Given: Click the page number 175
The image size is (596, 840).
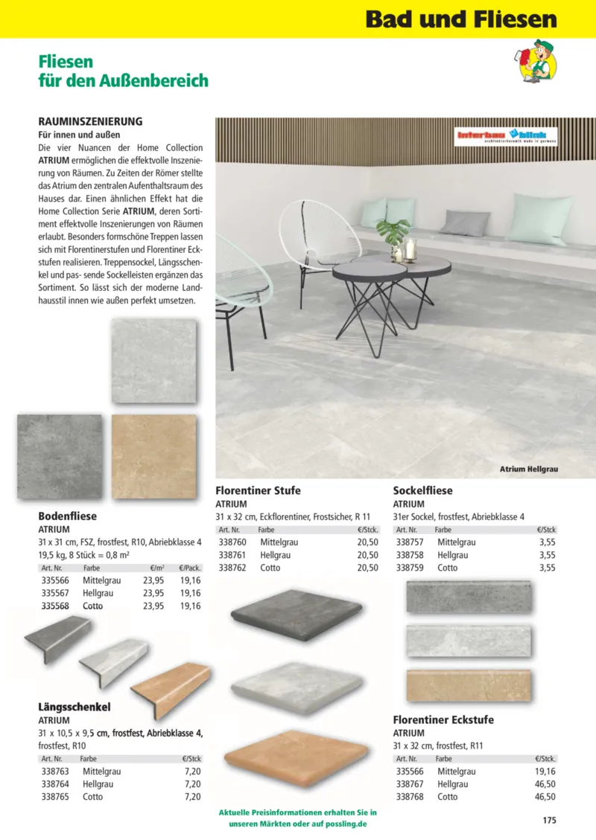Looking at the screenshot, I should tap(549, 821).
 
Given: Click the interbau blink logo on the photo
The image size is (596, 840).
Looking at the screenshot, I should tap(507, 135).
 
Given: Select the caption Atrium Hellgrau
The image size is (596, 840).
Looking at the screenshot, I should tap(528, 469).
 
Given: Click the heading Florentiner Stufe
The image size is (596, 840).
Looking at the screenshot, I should tap(258, 490).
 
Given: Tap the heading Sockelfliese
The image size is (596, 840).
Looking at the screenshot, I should tap(422, 490).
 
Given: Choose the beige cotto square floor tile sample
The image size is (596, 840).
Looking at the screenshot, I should tap(153, 456).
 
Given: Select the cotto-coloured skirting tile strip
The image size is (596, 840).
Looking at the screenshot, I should tap(469, 685).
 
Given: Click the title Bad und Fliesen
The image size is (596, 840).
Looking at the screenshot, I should tap(461, 19).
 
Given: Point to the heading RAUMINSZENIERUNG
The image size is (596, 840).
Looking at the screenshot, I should tap(90, 121).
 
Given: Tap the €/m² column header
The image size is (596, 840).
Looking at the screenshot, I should tap(156, 568).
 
